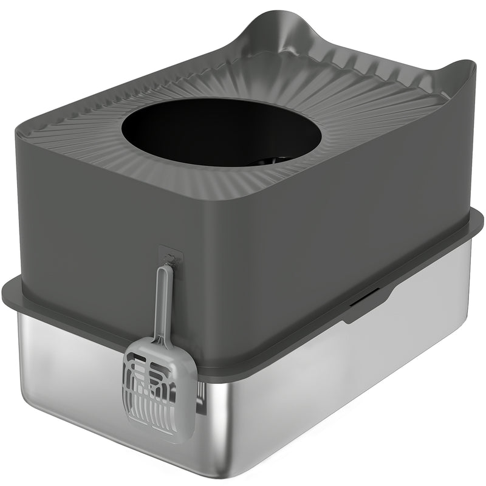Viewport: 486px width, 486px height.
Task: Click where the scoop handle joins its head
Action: tap(159, 341)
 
